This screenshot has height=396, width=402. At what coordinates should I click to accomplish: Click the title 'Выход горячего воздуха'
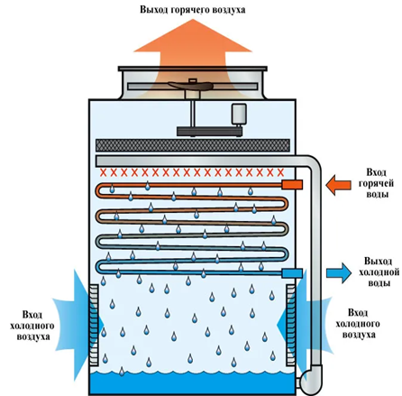[x=193, y=10]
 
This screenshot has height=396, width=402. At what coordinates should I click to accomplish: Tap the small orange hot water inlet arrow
[x=339, y=185]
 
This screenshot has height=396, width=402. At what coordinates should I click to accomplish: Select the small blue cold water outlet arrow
[x=339, y=272]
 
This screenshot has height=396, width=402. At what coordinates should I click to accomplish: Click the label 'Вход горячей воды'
[x=377, y=183]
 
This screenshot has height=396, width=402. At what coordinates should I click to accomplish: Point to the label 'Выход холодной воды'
[x=379, y=272]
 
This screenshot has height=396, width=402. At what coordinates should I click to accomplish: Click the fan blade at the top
[x=191, y=86]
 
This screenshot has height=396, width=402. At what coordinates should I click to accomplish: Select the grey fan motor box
[x=239, y=114]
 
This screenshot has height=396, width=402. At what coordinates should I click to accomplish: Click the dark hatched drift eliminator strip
[x=193, y=145]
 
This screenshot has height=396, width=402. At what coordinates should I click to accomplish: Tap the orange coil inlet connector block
[x=292, y=185]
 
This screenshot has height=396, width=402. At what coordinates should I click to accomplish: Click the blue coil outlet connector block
[x=292, y=273]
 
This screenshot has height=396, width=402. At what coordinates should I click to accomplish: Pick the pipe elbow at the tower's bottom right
[x=311, y=379]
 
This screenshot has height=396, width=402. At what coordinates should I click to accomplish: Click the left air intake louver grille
[x=94, y=325]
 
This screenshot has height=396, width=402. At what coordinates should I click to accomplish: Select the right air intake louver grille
[x=291, y=325]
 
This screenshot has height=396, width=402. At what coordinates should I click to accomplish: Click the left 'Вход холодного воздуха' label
[x=32, y=326]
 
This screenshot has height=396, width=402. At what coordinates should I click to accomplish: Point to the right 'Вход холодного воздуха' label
[x=358, y=324]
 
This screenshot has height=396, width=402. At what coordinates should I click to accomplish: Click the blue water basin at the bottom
[x=192, y=382]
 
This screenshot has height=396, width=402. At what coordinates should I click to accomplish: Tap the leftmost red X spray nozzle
[x=104, y=172]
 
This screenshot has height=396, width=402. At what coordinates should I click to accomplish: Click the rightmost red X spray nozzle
[x=280, y=172]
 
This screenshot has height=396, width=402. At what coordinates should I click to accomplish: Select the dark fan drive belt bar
[x=209, y=132]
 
